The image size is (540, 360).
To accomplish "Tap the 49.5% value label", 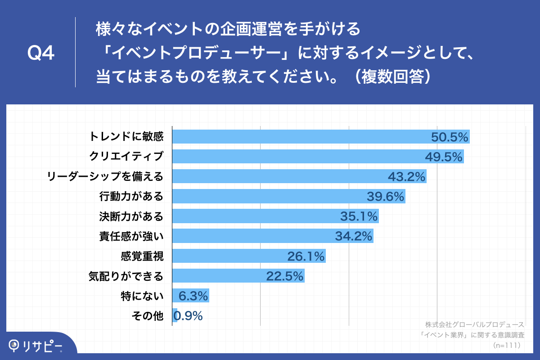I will tap(444, 157).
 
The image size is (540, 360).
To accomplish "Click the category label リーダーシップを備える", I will tap(105, 176).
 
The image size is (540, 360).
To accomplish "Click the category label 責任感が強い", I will tap(131, 236).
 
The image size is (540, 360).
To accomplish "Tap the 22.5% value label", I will tap(284, 276).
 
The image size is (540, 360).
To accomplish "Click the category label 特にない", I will tap(142, 296).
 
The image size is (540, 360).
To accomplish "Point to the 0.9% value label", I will tap(188, 316).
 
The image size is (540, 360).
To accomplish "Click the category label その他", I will tap(147, 316).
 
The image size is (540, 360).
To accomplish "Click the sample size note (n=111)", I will tap(507, 345).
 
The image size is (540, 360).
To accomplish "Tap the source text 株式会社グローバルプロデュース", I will tap(475, 324).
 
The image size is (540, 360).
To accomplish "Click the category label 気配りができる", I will tap(126, 276).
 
